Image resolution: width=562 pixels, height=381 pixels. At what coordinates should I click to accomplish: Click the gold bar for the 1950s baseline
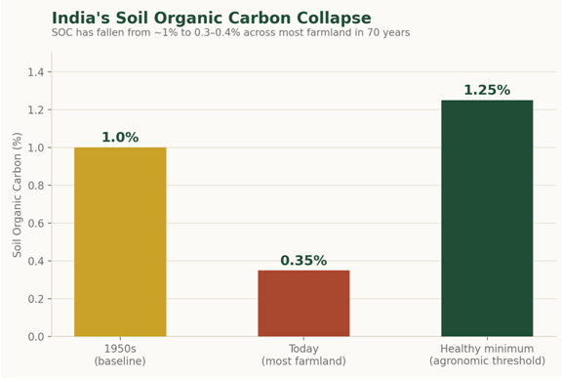[120, 242]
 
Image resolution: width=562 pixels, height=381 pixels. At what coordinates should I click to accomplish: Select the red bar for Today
[303, 303]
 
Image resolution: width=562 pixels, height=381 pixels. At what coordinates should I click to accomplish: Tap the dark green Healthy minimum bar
[487, 218]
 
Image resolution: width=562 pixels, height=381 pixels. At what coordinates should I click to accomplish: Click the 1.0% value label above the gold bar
[120, 137]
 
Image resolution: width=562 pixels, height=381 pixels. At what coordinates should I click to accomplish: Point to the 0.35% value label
[303, 260]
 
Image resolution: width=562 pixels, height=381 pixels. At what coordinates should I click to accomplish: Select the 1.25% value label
[487, 90]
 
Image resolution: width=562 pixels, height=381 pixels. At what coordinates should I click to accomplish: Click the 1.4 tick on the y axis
[36, 72]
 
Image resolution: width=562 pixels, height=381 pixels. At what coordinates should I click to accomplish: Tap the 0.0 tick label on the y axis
[36, 336]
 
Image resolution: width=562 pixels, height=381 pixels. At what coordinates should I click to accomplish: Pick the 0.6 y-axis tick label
[36, 223]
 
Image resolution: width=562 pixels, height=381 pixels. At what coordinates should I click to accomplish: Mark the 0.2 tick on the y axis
[36, 299]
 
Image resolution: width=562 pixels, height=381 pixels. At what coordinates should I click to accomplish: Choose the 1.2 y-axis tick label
[36, 109]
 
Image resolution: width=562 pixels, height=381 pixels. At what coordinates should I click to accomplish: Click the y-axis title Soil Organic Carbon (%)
[17, 194]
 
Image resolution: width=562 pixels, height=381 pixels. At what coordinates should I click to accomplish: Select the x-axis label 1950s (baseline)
[120, 355]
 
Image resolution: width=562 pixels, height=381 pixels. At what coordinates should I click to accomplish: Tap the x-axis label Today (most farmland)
[303, 355]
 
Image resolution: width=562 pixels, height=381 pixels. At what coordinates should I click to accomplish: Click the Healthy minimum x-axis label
[487, 355]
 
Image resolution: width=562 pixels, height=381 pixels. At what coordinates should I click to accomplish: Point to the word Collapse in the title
[334, 18]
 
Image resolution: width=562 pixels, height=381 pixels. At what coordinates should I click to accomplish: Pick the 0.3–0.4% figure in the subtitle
[218, 32]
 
